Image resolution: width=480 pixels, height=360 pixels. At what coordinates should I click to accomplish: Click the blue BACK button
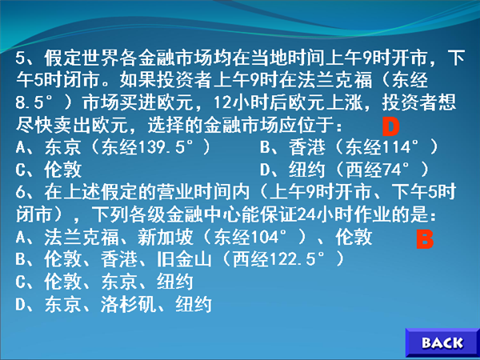pyautogui.click(x=442, y=343)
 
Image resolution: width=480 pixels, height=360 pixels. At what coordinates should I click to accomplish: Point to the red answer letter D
pyautogui.click(x=391, y=126)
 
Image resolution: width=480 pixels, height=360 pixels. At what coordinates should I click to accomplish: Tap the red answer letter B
pyautogui.click(x=425, y=238)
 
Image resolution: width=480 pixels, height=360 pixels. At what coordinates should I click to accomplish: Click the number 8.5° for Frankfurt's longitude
pyautogui.click(x=34, y=102)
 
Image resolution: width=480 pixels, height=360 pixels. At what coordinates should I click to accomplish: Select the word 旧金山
pyautogui.click(x=184, y=259)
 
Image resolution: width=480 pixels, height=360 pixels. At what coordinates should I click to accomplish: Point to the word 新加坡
pyautogui.click(x=165, y=237)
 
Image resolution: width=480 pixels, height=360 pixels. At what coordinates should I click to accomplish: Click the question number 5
pyautogui.click(x=20, y=58)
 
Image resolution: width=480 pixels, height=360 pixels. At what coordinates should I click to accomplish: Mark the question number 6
pyautogui.click(x=20, y=192)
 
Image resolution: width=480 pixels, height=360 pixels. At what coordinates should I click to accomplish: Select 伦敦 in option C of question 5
pyautogui.click(x=63, y=170)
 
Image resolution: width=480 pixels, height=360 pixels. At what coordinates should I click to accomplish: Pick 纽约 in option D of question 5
pyautogui.click(x=307, y=170)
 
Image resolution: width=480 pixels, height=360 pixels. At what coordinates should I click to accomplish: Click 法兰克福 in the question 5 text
pyautogui.click(x=335, y=80)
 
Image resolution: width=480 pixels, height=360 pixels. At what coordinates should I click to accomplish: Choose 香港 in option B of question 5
pyautogui.click(x=307, y=147)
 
